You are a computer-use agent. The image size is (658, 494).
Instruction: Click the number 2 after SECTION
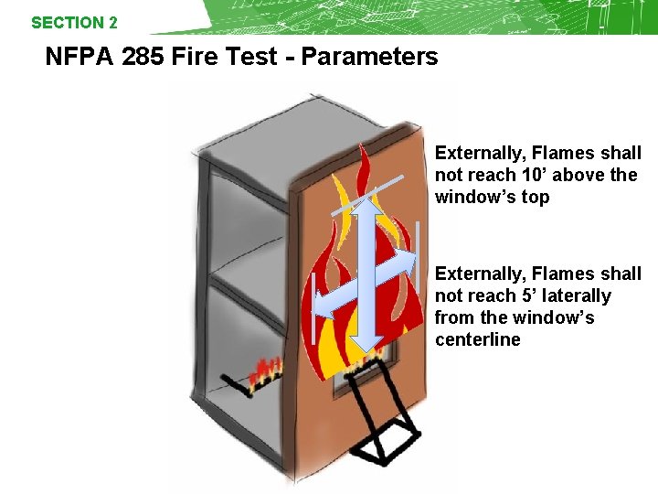tap(112, 23)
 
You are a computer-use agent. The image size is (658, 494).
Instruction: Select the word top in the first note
tap(535, 197)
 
